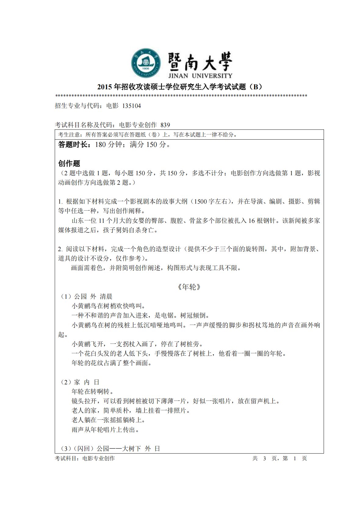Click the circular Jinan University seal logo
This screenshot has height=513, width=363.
pyautogui.click(x=146, y=63)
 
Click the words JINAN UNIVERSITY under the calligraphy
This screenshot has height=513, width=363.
pyautogui.click(x=200, y=76)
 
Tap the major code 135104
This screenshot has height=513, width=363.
pyautogui.click(x=131, y=106)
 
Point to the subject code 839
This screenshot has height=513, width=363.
pyautogui.click(x=165, y=125)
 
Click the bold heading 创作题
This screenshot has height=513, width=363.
pyautogui.click(x=69, y=163)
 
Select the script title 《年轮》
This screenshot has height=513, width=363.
pyautogui.click(x=189, y=287)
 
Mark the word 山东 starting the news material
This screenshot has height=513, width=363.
pyautogui.click(x=77, y=221)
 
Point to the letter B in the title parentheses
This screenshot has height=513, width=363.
pyautogui.click(x=256, y=87)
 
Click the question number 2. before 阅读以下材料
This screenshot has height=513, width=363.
pyautogui.click(x=60, y=249)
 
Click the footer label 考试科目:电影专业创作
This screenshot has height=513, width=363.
pyautogui.click(x=85, y=458)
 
